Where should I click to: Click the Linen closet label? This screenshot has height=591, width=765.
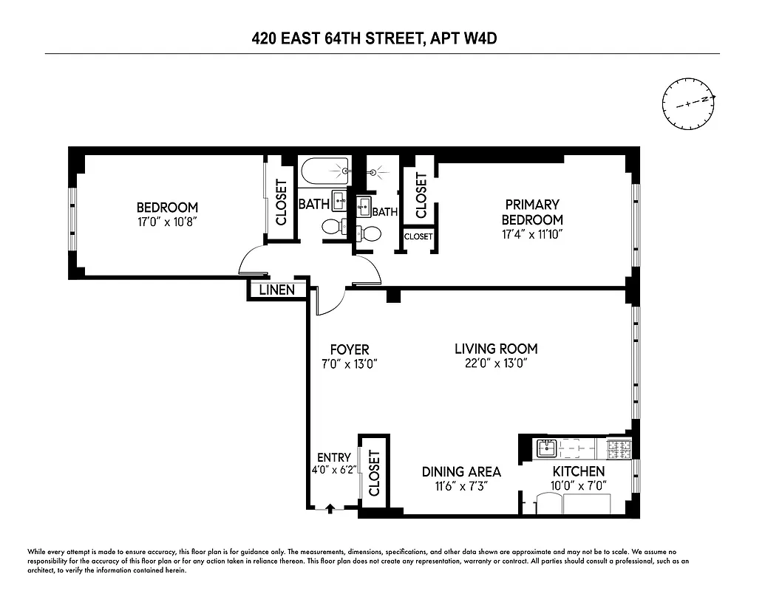pyautogui.click(x=276, y=290)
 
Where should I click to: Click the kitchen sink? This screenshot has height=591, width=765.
pyautogui.click(x=546, y=447)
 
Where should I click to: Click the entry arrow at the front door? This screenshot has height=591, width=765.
pyautogui.click(x=330, y=508)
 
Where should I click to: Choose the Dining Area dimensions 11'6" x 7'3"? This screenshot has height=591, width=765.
pyautogui.click(x=461, y=486)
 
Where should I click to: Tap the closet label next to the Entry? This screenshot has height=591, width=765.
pyautogui.click(x=373, y=473)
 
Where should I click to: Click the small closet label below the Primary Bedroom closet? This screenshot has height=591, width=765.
pyautogui.click(x=418, y=236)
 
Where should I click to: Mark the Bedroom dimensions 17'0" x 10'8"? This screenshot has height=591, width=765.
pyautogui.click(x=167, y=222)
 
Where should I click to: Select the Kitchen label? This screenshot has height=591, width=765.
pyautogui.click(x=579, y=471)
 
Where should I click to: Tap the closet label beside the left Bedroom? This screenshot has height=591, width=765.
pyautogui.click(x=281, y=202)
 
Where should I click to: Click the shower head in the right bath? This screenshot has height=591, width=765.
pyautogui.click(x=375, y=173)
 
